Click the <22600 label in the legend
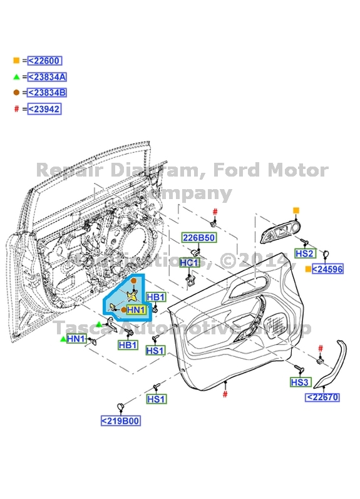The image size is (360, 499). [x=44, y=61]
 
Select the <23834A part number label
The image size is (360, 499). [x=47, y=77]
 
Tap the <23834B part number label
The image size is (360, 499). [x=47, y=93]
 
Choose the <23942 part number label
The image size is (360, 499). [x=44, y=109]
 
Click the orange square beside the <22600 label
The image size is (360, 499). [x=16, y=61]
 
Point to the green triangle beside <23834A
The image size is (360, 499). [x=16, y=77]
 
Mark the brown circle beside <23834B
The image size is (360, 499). [x=16, y=93]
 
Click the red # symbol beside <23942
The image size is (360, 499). [x=16, y=109]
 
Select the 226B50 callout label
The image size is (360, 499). [x=198, y=238]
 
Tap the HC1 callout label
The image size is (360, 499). [x=189, y=263]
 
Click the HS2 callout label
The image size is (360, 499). [x=304, y=254]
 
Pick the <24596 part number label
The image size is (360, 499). [x=328, y=269]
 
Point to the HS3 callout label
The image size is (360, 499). [x=300, y=382]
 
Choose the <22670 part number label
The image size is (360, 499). [x=322, y=397]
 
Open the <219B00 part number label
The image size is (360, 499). [x=120, y=421]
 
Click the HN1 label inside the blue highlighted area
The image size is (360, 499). [x=136, y=310]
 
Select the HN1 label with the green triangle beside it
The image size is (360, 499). [x=76, y=339]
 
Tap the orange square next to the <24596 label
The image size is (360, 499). [x=307, y=269]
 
